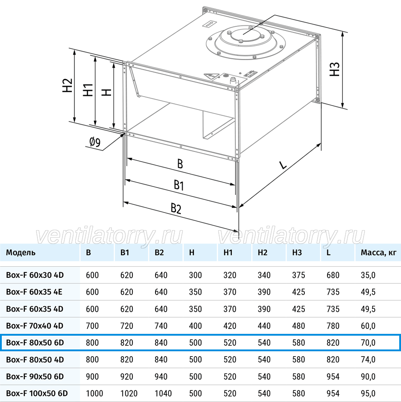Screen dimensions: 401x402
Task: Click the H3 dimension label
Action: tap(335, 69)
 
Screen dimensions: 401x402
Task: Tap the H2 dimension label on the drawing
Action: tap(67, 85)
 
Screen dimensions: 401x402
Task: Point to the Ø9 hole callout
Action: tap(94, 142)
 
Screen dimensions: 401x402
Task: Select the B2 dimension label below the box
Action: tap(176, 208)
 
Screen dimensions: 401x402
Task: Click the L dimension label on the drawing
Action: tap(283, 165)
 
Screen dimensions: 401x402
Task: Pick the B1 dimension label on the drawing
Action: tap(179, 185)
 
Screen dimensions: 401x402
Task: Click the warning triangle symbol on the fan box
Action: tap(211, 76)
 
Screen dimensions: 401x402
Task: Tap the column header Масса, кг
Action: tap(378, 252)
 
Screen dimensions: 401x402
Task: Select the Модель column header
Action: tap(20, 252)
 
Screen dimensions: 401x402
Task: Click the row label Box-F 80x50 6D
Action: tap(35, 342)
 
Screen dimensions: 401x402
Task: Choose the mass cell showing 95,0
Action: tap(368, 393)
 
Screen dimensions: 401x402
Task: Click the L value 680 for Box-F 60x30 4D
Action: tap(333, 275)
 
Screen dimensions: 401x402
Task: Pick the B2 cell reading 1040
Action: tap(163, 393)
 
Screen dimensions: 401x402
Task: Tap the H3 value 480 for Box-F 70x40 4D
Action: tap(299, 326)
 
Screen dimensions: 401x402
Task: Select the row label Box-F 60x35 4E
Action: tap(34, 292)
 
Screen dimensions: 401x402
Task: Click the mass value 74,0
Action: tap(368, 360)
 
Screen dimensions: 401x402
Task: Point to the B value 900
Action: tap(92, 377)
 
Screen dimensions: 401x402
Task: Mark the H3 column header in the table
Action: tap(297, 252)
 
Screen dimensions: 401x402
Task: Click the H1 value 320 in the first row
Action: tap(229, 275)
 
